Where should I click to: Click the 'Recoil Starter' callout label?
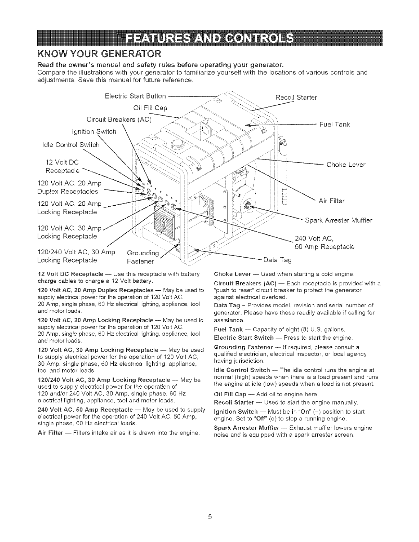296,98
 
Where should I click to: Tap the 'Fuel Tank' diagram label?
334,125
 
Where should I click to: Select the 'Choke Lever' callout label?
346,165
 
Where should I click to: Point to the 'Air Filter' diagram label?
331,201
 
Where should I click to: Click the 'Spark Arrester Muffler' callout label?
338,220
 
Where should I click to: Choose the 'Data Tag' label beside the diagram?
277,260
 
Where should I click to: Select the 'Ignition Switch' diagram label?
94,132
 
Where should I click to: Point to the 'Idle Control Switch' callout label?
70,145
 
